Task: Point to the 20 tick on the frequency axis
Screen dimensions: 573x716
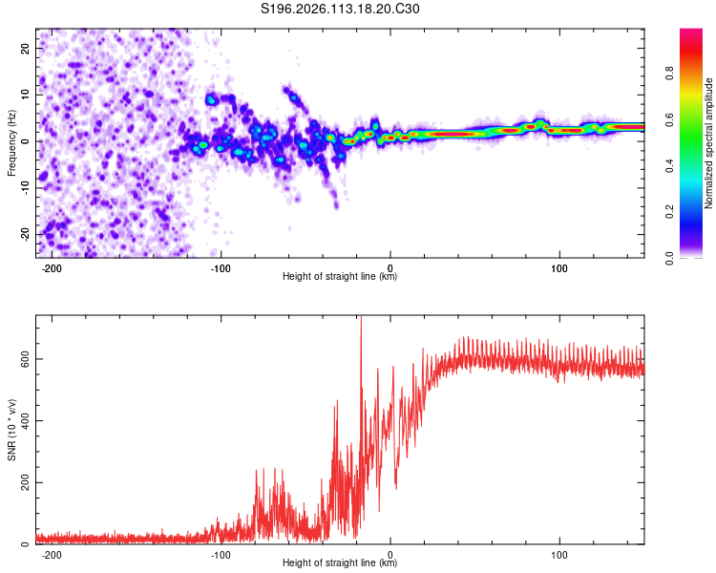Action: click(26, 48)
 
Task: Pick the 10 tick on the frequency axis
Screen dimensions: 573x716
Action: click(26, 95)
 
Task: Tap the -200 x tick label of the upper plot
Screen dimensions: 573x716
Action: click(53, 266)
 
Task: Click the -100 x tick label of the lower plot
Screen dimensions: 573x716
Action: click(221, 554)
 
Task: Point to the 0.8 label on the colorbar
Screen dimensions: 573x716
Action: click(694, 74)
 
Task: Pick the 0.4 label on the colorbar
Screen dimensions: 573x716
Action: click(694, 166)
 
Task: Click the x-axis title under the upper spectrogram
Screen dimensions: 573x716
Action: click(340, 277)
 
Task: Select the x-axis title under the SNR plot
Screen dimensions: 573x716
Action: click(340, 564)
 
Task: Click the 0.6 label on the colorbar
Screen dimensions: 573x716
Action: click(694, 119)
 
